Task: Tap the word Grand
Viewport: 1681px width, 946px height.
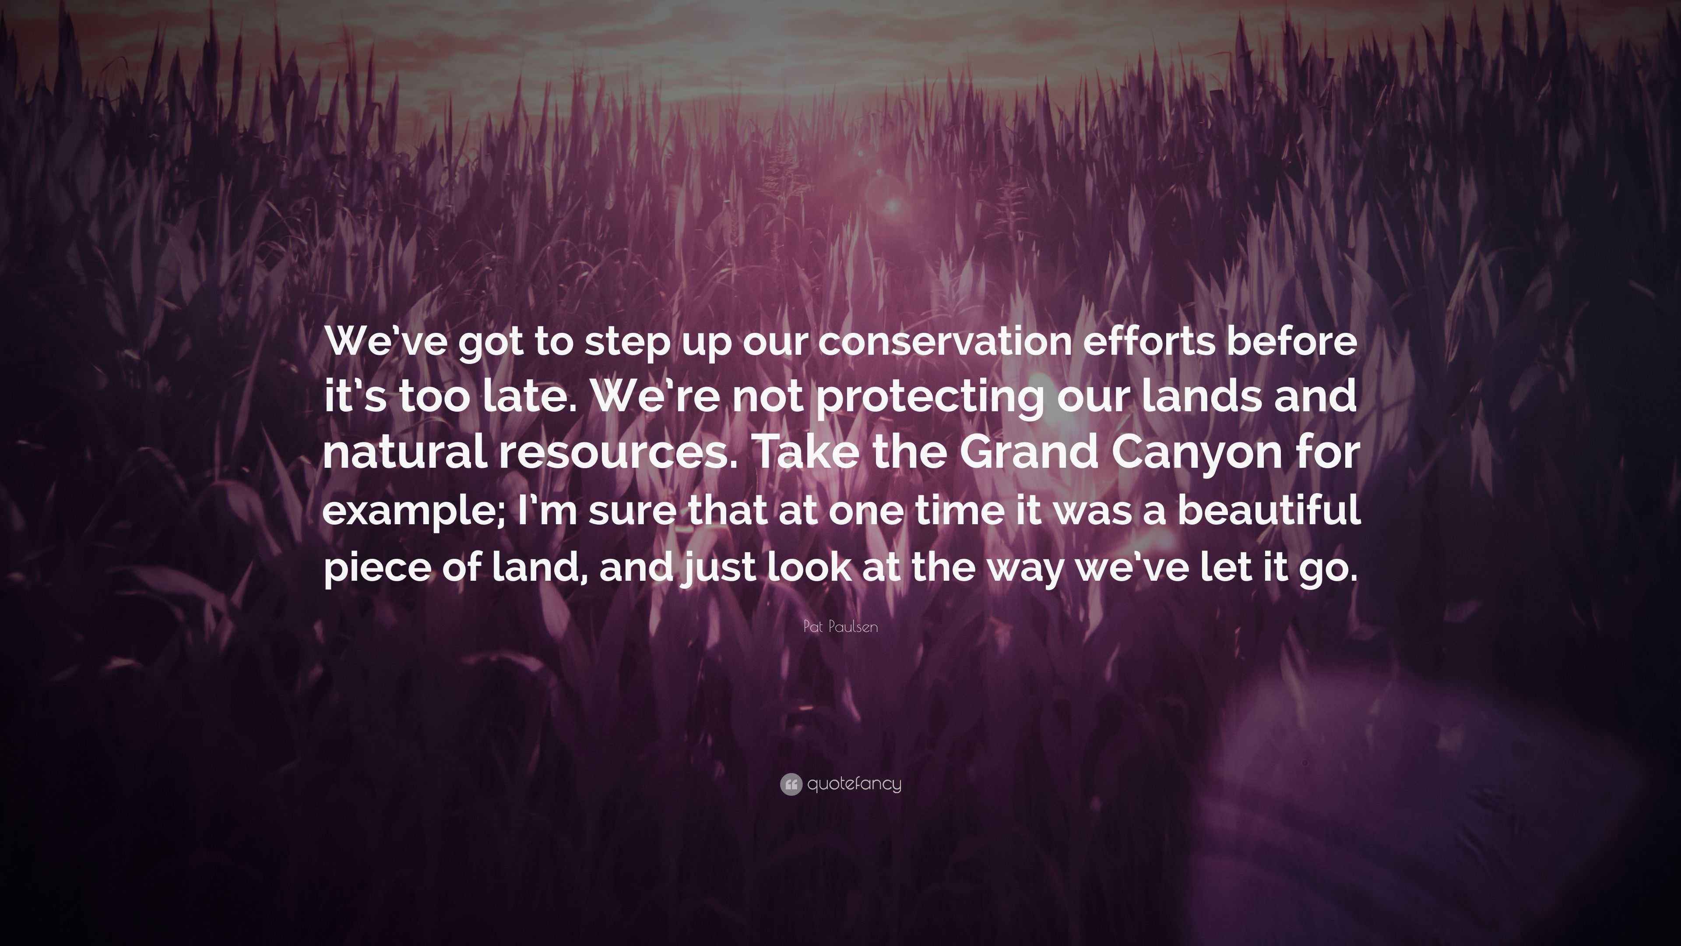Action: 1029,453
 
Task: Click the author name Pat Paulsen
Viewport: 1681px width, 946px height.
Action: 840,627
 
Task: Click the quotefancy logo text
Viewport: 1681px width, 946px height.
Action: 854,784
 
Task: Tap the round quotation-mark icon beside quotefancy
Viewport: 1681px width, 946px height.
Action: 791,784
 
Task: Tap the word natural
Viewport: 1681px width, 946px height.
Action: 404,453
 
